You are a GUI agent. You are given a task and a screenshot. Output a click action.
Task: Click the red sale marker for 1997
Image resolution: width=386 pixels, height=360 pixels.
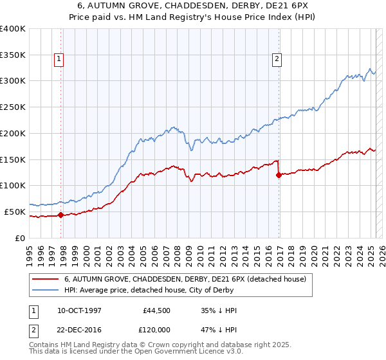click(61, 215)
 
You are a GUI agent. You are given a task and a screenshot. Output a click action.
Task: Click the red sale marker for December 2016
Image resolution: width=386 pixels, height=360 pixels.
click(279, 175)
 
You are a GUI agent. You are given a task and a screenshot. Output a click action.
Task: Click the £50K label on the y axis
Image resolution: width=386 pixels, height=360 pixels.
click(15, 212)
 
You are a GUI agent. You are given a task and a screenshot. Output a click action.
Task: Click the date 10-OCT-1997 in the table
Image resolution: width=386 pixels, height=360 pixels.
click(80, 310)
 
